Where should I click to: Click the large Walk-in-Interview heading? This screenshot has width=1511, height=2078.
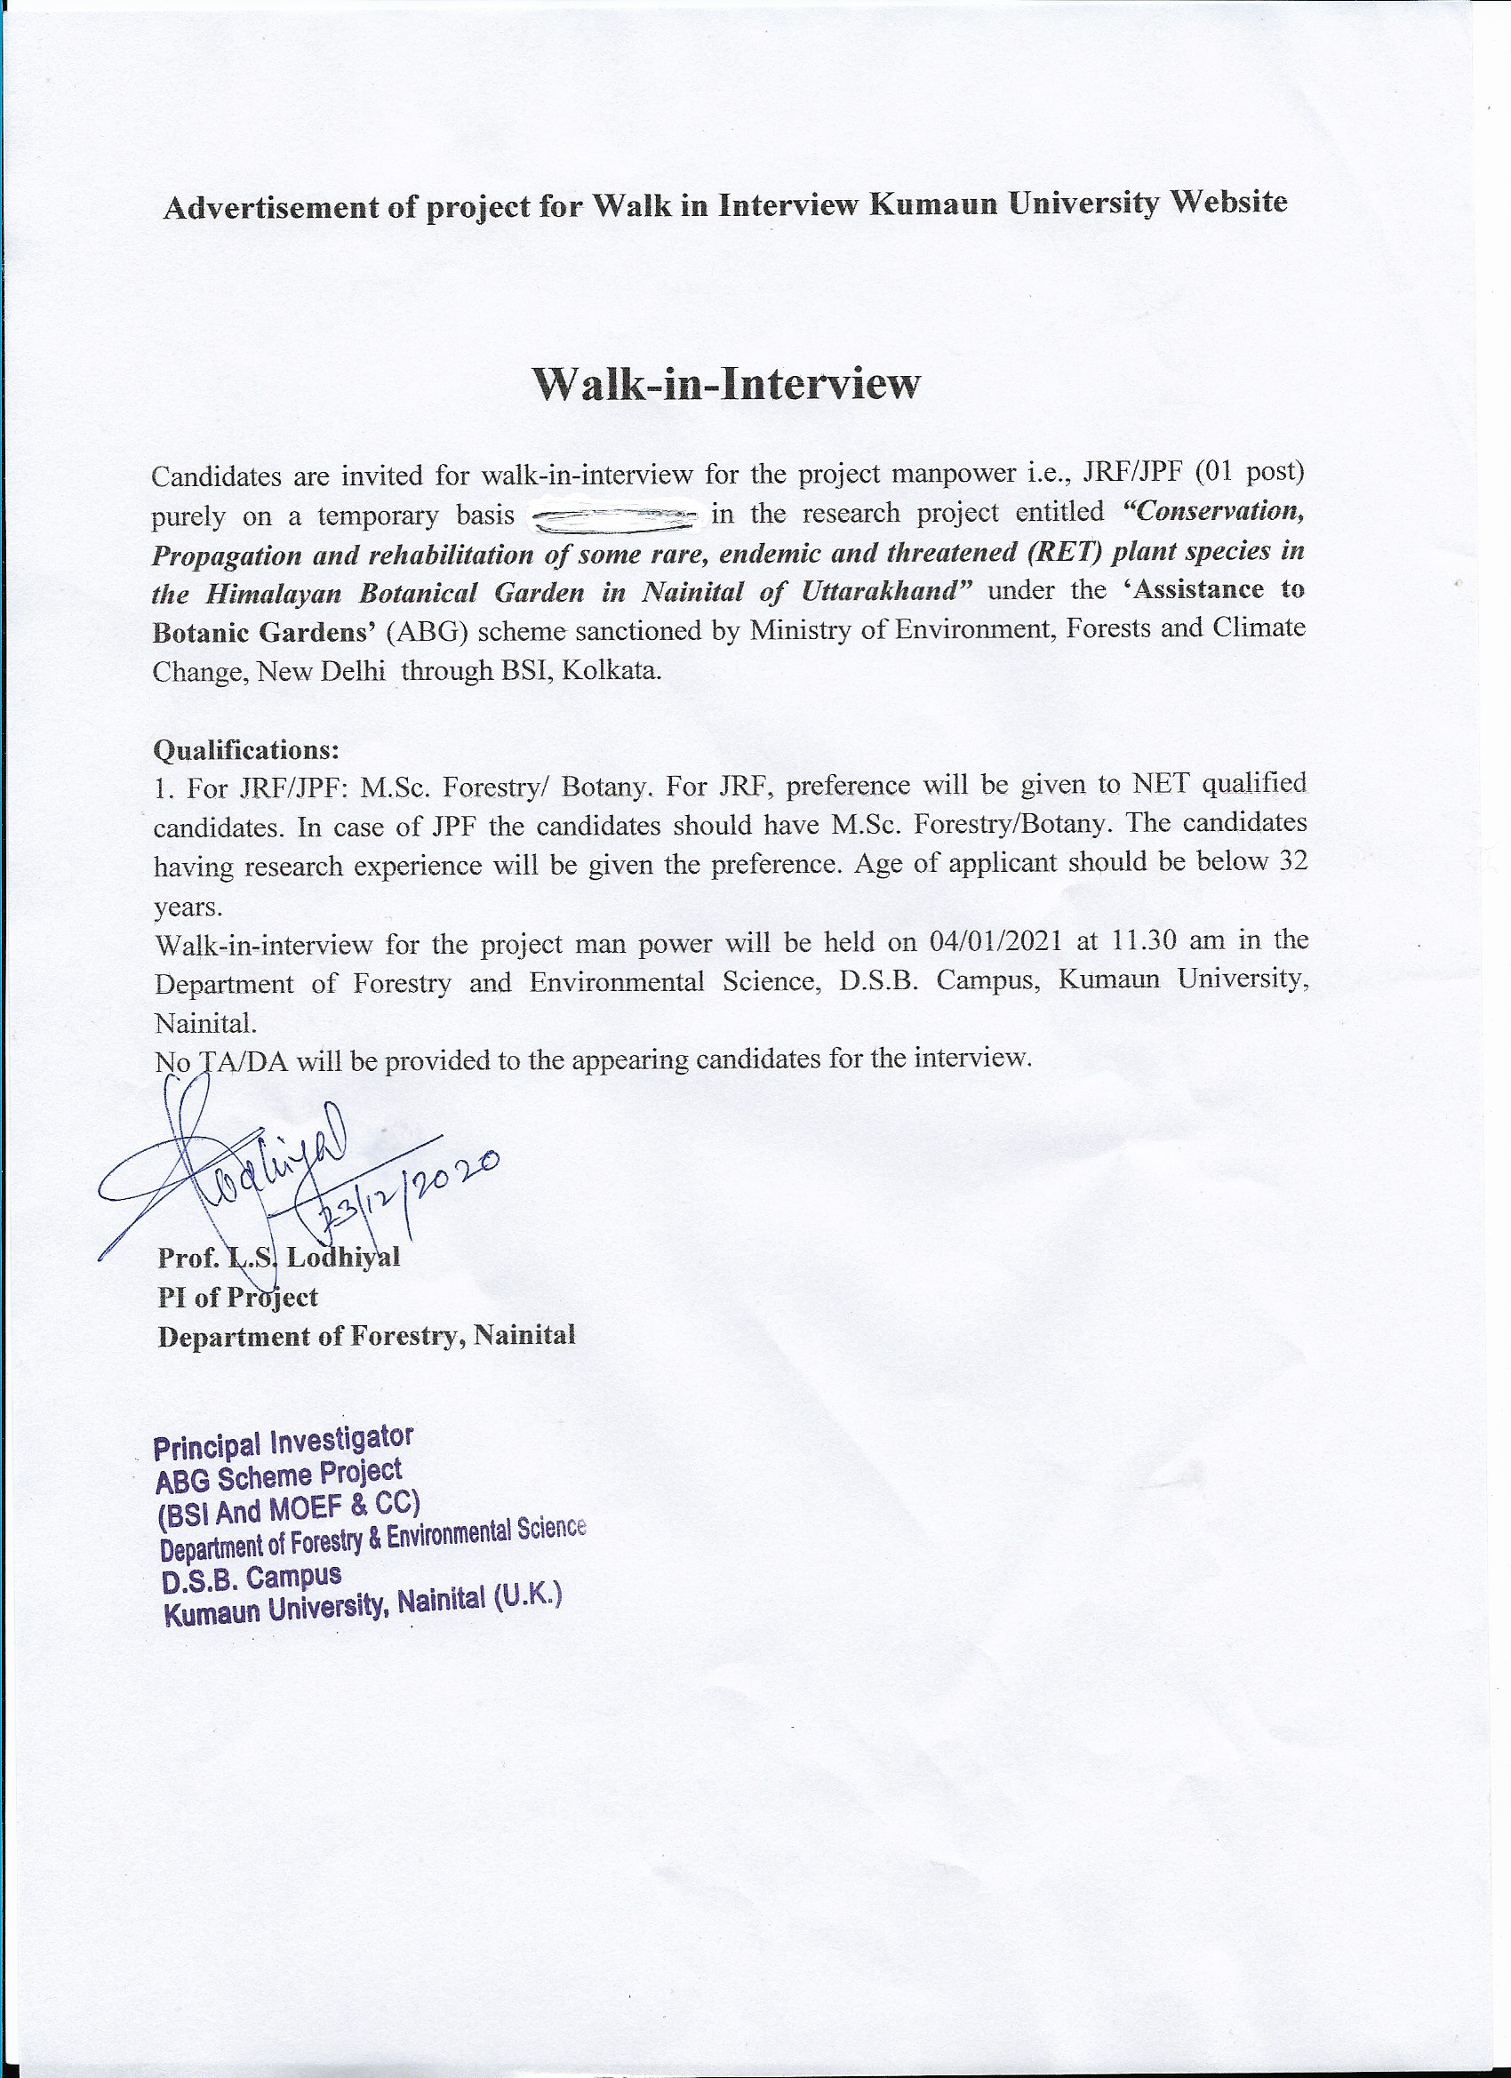(x=725, y=384)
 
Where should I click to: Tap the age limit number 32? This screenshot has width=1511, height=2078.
(x=1292, y=863)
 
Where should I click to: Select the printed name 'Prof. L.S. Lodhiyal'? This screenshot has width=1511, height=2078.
(x=278, y=1257)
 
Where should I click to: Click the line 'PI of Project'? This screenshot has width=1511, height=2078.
(x=237, y=1297)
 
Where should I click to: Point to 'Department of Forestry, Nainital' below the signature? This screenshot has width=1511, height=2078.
(x=366, y=1336)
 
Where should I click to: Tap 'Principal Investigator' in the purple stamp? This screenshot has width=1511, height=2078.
(x=284, y=1443)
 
